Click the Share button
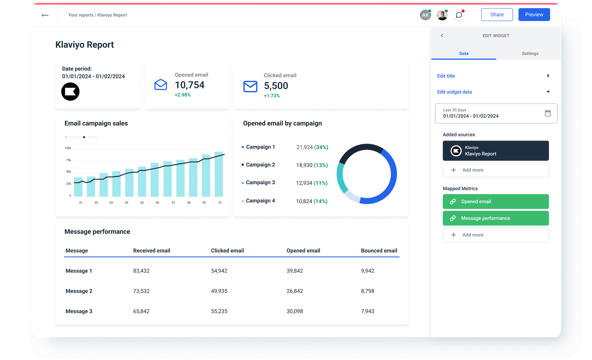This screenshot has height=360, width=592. click(497, 15)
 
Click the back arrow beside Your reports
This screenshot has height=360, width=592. click(45, 15)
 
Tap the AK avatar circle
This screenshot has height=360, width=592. click(425, 15)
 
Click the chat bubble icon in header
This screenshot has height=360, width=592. click(459, 15)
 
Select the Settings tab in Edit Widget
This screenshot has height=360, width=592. click(530, 54)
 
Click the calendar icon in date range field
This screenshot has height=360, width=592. click(548, 113)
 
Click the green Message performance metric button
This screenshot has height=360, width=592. click(495, 218)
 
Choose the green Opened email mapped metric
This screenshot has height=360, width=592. click(495, 202)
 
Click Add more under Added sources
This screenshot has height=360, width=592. click(495, 170)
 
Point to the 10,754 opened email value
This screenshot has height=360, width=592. click(189, 85)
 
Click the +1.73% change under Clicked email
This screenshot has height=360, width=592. click(272, 96)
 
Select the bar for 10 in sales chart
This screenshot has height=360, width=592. click(219, 174)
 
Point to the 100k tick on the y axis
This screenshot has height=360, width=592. click(68, 148)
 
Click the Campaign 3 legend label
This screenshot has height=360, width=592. click(260, 182)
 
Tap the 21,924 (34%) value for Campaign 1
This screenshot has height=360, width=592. click(312, 147)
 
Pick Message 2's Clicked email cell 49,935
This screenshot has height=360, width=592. click(219, 291)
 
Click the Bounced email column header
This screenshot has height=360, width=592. click(379, 251)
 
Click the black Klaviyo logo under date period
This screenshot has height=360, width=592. click(70, 92)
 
